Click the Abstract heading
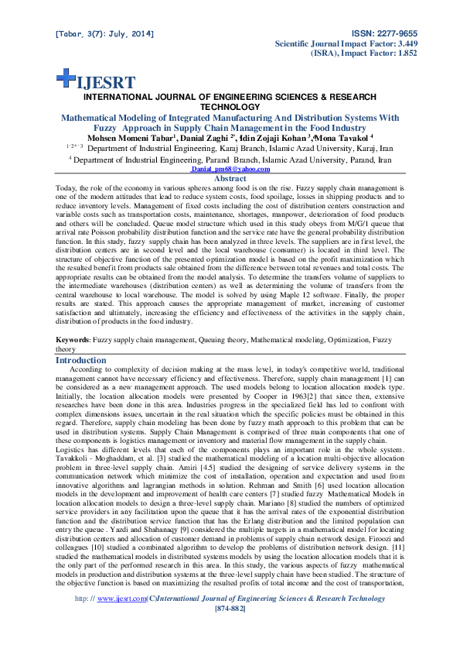point(230,178)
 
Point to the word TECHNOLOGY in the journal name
point(230,107)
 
